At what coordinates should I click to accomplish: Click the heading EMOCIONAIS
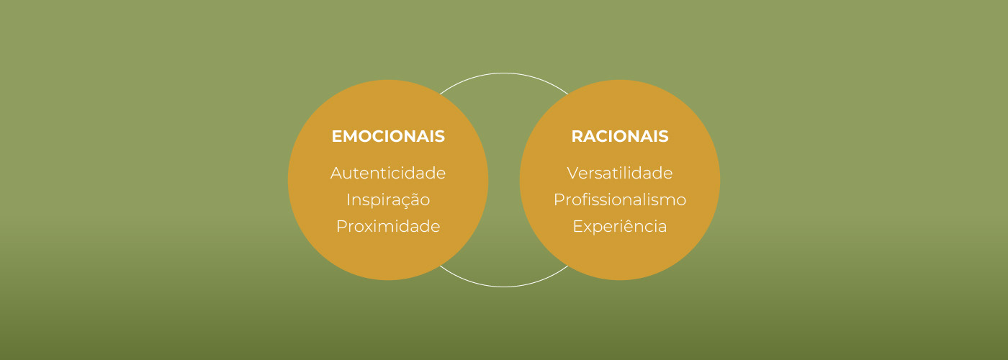[388, 136]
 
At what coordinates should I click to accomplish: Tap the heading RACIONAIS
[620, 136]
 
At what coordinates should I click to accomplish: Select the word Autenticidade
[388, 174]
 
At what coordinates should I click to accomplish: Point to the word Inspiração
[388, 200]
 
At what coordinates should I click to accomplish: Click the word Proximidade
[388, 227]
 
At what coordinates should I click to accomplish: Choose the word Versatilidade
[620, 174]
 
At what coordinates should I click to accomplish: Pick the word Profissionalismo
[620, 200]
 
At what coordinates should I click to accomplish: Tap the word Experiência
[620, 227]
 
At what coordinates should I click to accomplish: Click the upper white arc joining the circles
[504, 73]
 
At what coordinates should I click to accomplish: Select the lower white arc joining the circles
[504, 287]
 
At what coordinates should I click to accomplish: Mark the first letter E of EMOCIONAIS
[336, 136]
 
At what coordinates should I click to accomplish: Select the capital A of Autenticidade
[336, 174]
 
